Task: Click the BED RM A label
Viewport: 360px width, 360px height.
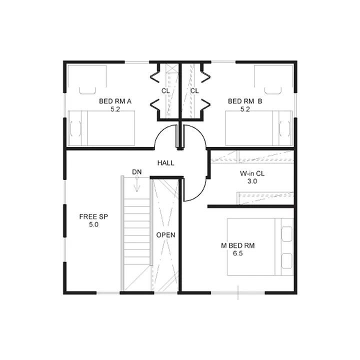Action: tap(115, 101)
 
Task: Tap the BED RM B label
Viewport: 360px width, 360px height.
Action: tap(245, 101)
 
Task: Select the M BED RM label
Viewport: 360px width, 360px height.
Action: tap(238, 245)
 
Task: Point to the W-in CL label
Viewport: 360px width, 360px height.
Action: tap(252, 173)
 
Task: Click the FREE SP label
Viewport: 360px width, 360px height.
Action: tap(93, 216)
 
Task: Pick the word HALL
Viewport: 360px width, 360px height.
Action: tap(166, 163)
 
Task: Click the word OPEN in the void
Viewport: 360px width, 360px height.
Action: tap(166, 235)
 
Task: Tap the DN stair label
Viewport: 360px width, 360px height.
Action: tap(137, 172)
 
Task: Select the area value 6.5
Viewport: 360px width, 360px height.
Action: tap(238, 253)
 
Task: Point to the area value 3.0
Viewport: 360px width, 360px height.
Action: tap(252, 181)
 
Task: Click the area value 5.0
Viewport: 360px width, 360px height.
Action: tap(93, 224)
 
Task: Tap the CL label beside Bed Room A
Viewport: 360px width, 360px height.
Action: tap(165, 91)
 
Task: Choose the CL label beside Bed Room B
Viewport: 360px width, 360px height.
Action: tap(194, 91)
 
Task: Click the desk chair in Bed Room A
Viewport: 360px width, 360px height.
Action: tap(87, 90)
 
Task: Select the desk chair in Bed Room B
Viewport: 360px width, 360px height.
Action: tap(273, 90)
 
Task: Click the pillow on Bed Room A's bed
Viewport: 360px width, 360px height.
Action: tap(75, 128)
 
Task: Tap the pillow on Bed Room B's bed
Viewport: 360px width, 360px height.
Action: tap(284, 128)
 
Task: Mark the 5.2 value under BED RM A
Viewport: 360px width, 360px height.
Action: tap(115, 109)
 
